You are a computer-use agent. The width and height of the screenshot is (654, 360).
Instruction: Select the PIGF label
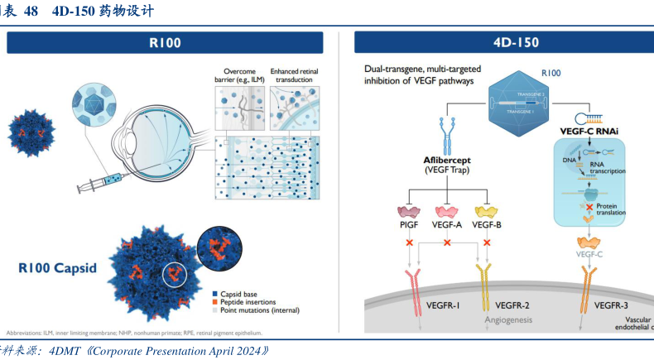409,223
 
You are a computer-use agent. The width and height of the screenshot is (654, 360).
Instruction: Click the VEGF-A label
448,223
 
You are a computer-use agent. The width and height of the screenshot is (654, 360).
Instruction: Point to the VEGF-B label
487,223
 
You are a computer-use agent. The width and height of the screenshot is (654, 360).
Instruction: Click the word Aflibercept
447,157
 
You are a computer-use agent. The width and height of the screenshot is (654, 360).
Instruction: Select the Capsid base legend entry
243,293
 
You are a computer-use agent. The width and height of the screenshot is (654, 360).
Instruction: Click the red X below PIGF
408,243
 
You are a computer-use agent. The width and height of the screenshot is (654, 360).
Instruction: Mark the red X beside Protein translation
589,206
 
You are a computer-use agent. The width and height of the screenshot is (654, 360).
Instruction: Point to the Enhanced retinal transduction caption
294,75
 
